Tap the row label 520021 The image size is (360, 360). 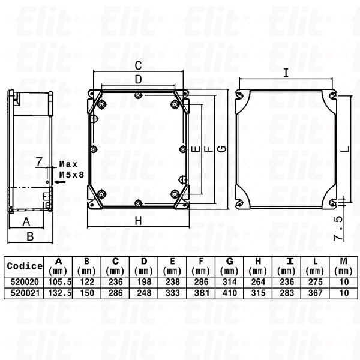(x=24, y=292)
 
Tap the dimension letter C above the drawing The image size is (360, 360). (x=137, y=65)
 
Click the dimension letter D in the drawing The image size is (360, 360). (x=137, y=79)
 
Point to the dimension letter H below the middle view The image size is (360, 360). (x=138, y=221)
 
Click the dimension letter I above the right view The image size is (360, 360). (x=286, y=73)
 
